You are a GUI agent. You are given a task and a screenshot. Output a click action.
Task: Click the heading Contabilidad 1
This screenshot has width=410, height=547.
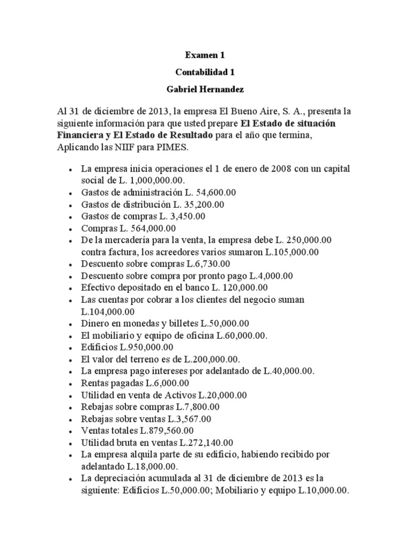pyautogui.click(x=204, y=71)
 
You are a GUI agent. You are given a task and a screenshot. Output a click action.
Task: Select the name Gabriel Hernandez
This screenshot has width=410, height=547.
pyautogui.click(x=204, y=88)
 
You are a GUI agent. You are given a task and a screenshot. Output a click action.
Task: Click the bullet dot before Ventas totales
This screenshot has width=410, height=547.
pyautogui.click(x=71, y=431)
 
